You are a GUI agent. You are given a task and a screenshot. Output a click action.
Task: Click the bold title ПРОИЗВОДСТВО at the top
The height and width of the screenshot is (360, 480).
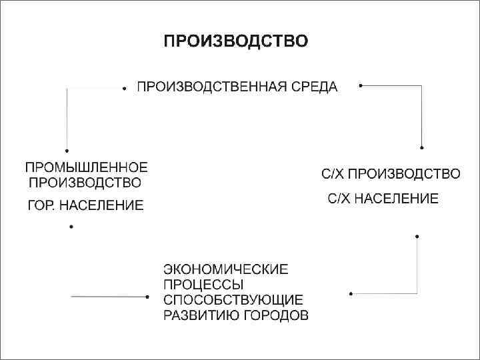pyautogui.click(x=236, y=42)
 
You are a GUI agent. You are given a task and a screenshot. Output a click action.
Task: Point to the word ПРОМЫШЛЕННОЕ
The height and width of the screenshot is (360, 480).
pyautogui.click(x=86, y=167)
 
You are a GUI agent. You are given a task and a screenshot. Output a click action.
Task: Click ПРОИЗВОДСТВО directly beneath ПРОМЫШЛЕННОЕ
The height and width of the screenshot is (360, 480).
pyautogui.click(x=83, y=181)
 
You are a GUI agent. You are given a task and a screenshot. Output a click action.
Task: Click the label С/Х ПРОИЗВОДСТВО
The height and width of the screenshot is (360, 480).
pyautogui.click(x=391, y=175)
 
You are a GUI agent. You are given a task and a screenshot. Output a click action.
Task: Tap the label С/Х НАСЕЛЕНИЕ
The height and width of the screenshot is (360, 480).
pyautogui.click(x=383, y=199)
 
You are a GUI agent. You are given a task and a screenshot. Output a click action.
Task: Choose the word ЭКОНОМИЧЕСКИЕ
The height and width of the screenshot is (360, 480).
pyautogui.click(x=226, y=269)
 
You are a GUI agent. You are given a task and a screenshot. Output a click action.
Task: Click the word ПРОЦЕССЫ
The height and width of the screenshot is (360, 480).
pyautogui.click(x=198, y=285)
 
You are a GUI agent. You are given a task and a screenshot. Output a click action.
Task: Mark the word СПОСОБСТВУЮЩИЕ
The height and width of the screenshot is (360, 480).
pyautogui.click(x=233, y=300)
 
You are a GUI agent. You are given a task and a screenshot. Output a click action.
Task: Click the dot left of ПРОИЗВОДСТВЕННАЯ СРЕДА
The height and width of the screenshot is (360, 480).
pyautogui.click(x=125, y=88)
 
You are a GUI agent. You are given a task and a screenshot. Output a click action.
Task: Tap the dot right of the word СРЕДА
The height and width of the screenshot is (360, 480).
pyautogui.click(x=360, y=85)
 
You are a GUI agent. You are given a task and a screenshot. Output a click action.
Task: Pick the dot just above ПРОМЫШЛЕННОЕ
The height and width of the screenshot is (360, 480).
pyautogui.click(x=67, y=151)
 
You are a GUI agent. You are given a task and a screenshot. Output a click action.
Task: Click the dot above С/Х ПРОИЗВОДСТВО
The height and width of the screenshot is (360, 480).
pyautogui.click(x=421, y=147)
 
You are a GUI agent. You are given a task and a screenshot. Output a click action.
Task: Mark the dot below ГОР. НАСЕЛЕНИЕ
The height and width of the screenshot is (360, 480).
pyautogui.click(x=71, y=227)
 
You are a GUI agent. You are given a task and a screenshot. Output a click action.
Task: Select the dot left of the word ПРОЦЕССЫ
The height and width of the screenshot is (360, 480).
pyautogui.click(x=147, y=297)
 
